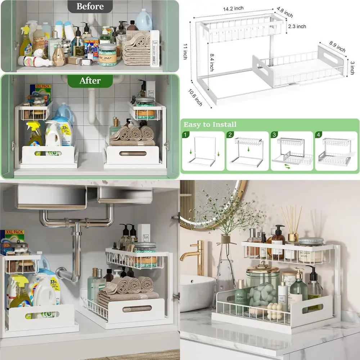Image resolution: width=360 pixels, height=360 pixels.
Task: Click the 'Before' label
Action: point(90,6)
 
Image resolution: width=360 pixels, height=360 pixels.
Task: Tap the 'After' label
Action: point(90,81)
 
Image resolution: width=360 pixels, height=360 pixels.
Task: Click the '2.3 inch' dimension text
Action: point(297,26)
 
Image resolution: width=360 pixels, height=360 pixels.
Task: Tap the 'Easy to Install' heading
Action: point(210,125)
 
